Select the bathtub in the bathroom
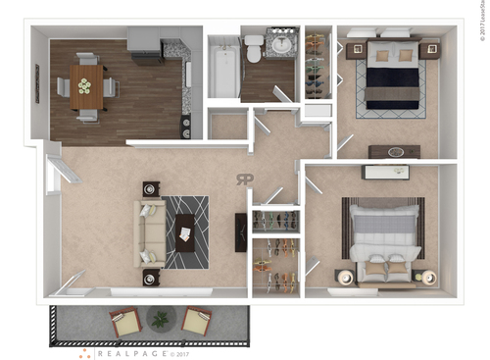[223, 70]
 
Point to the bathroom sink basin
[282, 44]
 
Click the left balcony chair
[125, 321]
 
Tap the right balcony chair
[196, 321]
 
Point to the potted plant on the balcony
[159, 319]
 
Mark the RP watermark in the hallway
[244, 178]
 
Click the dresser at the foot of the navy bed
[394, 151]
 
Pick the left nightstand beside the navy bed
[355, 48]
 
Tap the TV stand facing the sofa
[241, 232]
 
